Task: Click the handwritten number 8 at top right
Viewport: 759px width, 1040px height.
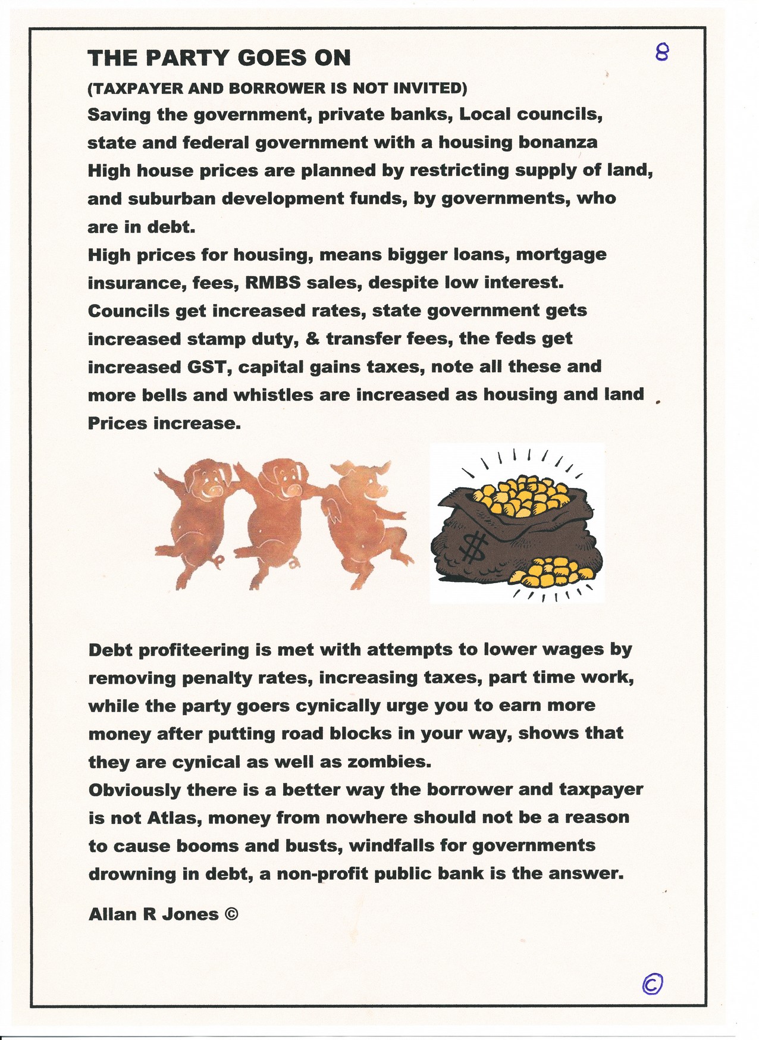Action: click(x=661, y=54)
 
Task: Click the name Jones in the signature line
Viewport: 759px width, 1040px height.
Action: click(x=190, y=914)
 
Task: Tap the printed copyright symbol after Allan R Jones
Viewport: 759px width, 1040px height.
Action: click(x=231, y=914)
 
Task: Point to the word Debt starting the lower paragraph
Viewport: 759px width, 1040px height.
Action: click(x=109, y=650)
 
